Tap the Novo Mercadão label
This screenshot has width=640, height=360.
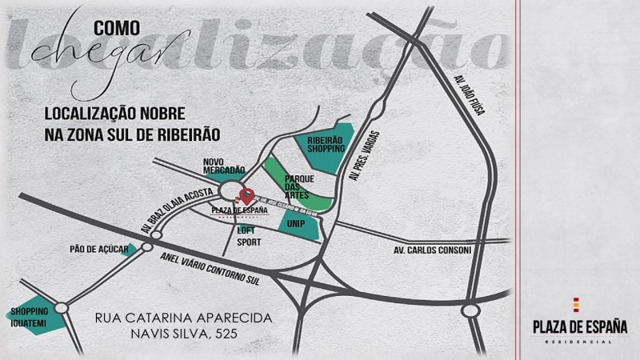(222, 166)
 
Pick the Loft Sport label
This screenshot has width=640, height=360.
(247, 234)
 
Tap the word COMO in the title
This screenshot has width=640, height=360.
(117, 28)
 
